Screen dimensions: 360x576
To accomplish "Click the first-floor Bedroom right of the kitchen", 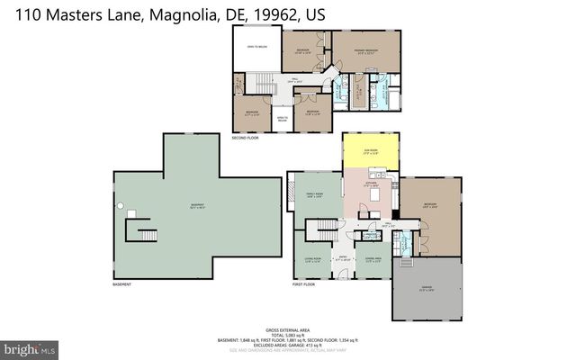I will (x=429, y=205).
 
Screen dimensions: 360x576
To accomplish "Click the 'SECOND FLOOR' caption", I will (x=244, y=139).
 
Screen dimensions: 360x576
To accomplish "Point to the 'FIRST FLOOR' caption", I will (x=302, y=284).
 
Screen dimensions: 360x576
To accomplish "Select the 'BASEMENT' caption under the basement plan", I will (x=121, y=285).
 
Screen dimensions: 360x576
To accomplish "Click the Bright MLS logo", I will (x=30, y=346).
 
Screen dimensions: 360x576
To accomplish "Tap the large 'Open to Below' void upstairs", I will (x=256, y=49).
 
